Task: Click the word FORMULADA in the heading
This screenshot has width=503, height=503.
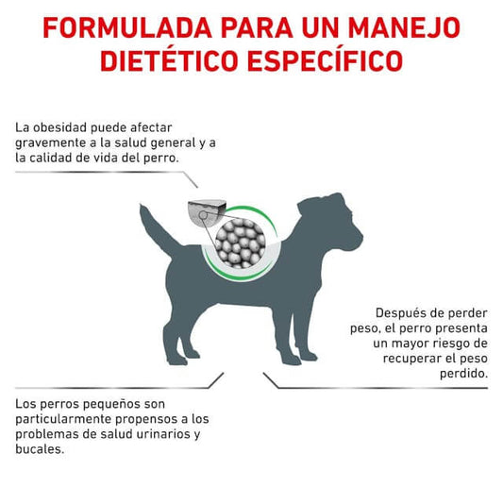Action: click(x=127, y=28)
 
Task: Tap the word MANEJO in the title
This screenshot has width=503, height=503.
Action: click(x=404, y=28)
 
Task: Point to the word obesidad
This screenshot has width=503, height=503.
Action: click(x=60, y=127)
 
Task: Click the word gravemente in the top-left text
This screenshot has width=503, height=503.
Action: click(x=51, y=143)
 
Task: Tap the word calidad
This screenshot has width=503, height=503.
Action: click(x=51, y=158)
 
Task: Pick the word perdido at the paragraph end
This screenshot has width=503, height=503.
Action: click(x=464, y=374)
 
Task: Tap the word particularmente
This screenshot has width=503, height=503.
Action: click(x=64, y=420)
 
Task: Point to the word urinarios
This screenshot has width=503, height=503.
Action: click(x=164, y=434)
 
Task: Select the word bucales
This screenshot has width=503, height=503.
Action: click(x=40, y=449)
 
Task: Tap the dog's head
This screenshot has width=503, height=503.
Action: click(x=334, y=225)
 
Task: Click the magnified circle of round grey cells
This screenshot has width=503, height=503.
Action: click(x=241, y=243)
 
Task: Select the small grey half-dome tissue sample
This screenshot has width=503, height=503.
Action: click(x=207, y=211)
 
